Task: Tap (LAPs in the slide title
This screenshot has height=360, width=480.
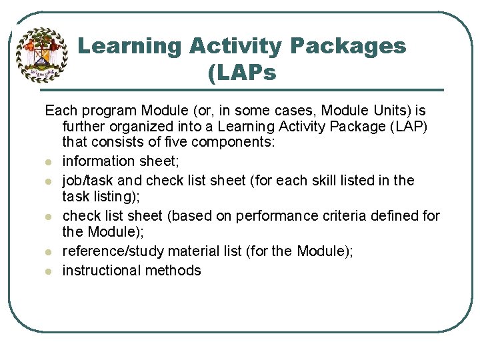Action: coord(241,73)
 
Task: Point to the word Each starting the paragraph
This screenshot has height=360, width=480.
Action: coord(61,109)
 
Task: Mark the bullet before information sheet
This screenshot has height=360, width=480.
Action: coord(49,162)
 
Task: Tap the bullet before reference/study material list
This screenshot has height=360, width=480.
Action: coord(49,252)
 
